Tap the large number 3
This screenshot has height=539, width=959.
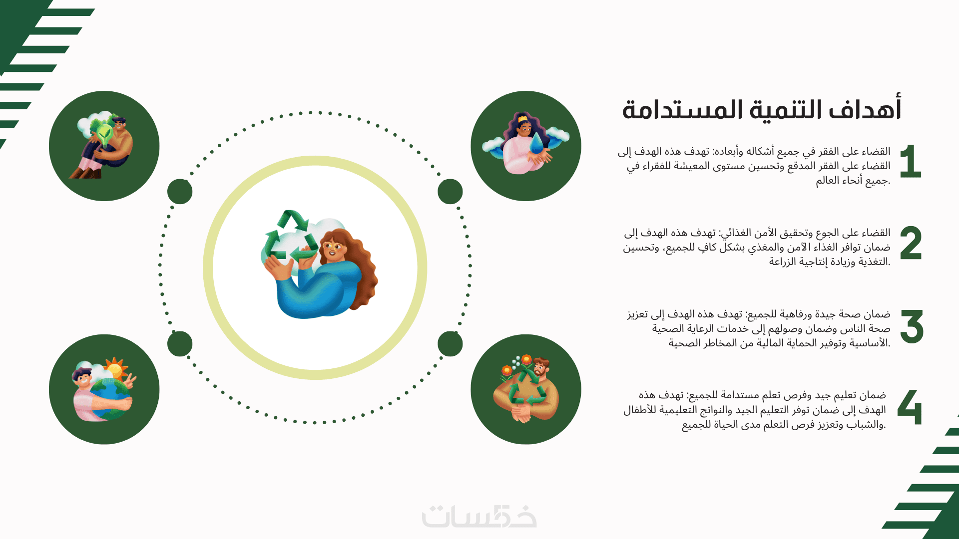[912, 326]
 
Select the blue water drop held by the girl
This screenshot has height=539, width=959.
[537, 143]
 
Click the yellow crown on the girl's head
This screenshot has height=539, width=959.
[522, 119]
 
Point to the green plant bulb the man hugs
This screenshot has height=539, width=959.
[105, 133]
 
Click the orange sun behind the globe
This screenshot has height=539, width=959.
[115, 370]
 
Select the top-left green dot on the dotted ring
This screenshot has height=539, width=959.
[180, 192]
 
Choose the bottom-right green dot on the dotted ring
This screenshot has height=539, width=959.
[450, 344]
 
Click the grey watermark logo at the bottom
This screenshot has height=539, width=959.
[479, 517]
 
